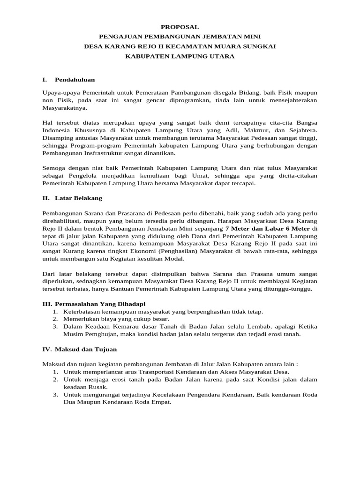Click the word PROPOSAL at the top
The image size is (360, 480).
[180, 27]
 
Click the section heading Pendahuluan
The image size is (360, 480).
[75, 80]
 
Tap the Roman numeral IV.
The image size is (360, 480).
[46, 349]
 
